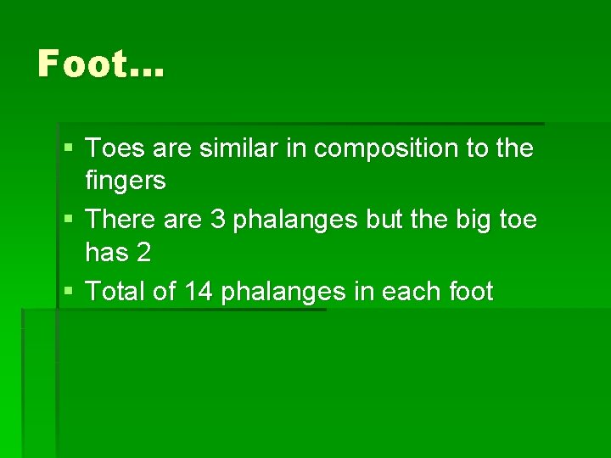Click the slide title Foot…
[x=100, y=64]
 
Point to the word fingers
[x=126, y=182]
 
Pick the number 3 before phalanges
[x=217, y=220]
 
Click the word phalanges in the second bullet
[x=296, y=221]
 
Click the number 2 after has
[x=143, y=253]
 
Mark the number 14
[x=198, y=292]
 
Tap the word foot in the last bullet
[x=473, y=292]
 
